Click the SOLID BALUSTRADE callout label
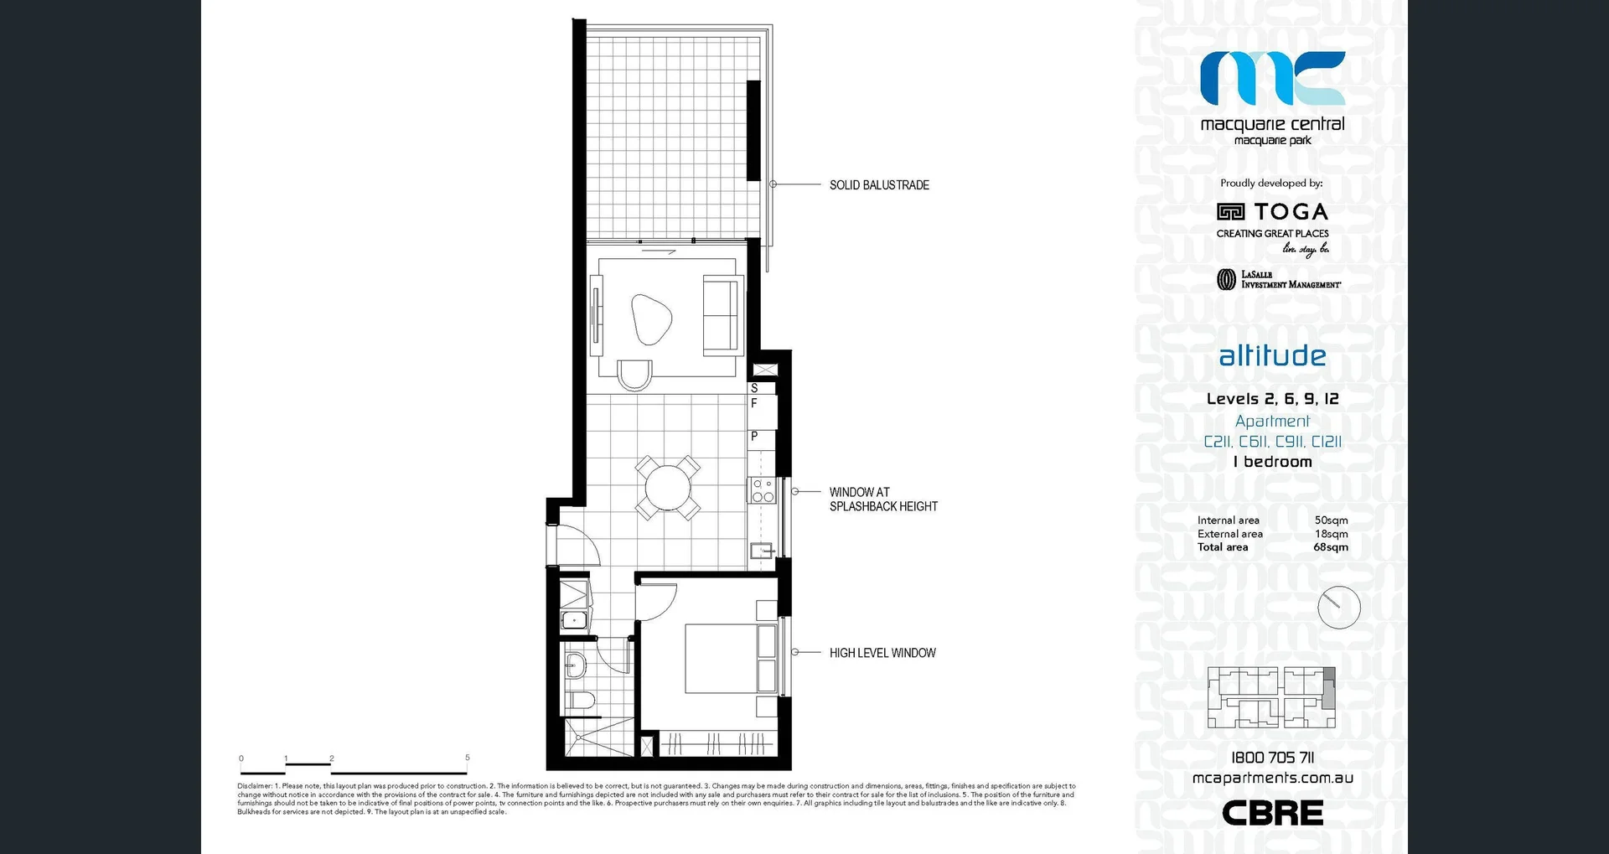[x=879, y=185]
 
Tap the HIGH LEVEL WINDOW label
[x=882, y=653]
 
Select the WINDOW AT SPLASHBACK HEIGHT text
[x=883, y=499]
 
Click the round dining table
[x=667, y=488]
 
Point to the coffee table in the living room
[x=651, y=319]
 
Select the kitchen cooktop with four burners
[x=763, y=490]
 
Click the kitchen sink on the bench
[x=761, y=551]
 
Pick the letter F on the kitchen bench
[x=754, y=403]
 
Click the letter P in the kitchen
[x=754, y=436]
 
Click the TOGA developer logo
[x=1272, y=212]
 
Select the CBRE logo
[x=1272, y=812]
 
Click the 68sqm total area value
[x=1331, y=547]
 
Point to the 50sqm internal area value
[x=1331, y=520]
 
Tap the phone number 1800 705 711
[x=1272, y=758]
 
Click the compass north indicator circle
[x=1338, y=608]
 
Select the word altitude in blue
[x=1272, y=355]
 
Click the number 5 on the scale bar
[x=468, y=758]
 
